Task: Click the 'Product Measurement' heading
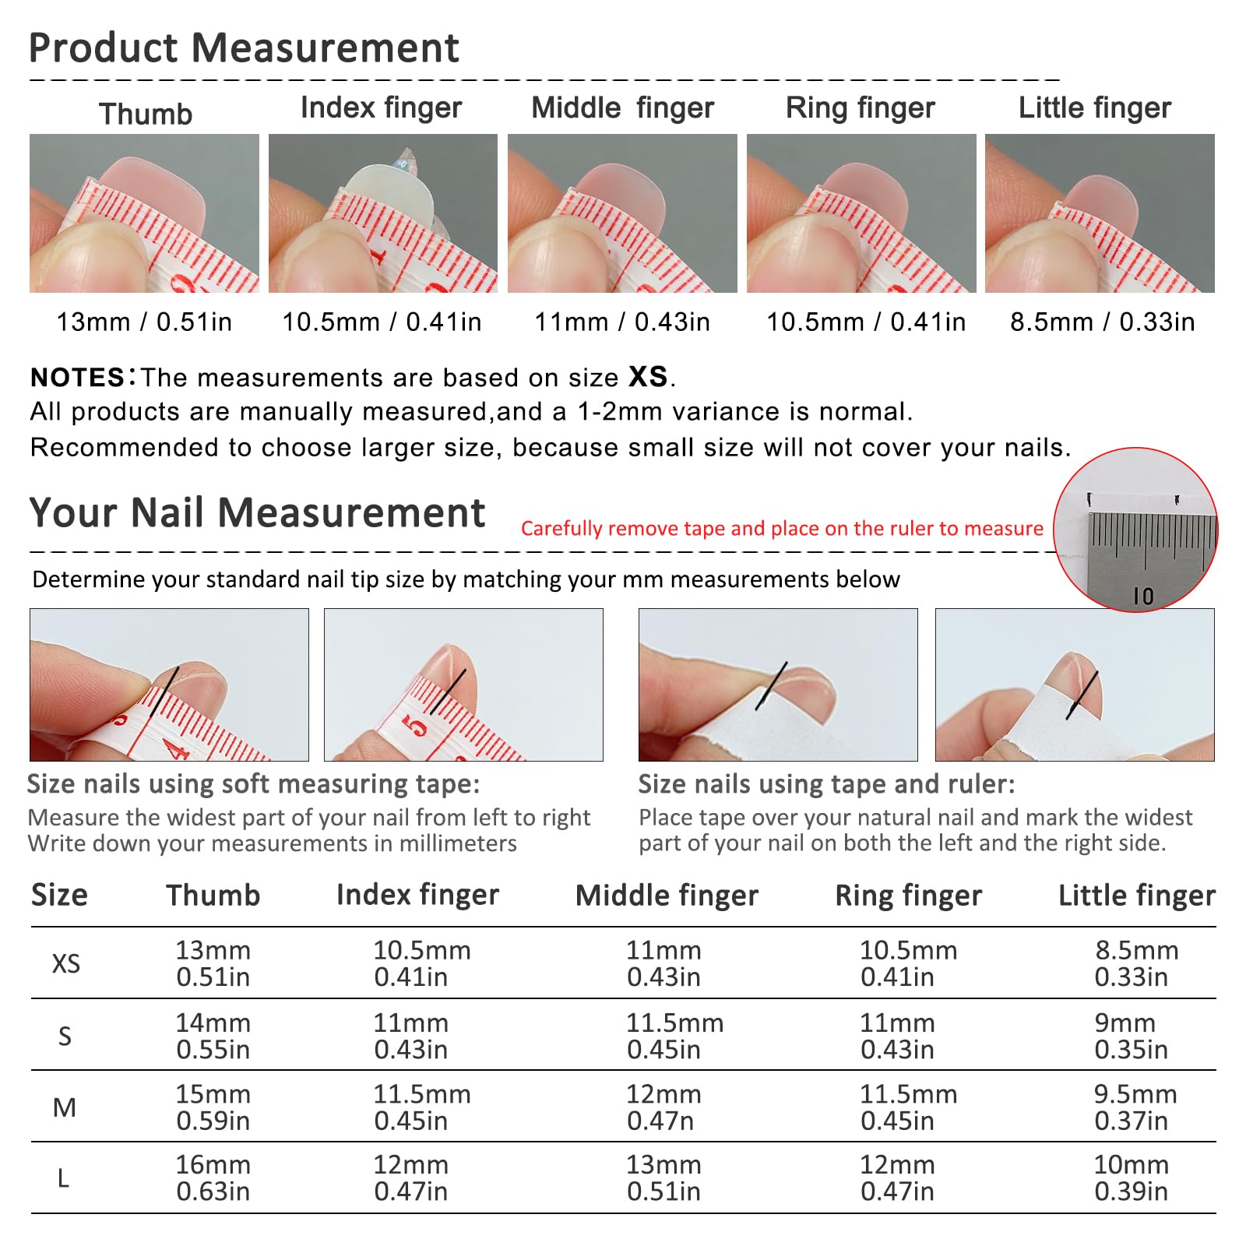click(x=244, y=48)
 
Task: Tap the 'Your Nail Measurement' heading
click(x=257, y=513)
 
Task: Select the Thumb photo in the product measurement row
click(x=144, y=213)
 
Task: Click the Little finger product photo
click(x=1100, y=213)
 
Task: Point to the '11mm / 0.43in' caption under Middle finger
click(x=622, y=322)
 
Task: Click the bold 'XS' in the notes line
click(x=648, y=377)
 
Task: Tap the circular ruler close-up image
click(x=1135, y=530)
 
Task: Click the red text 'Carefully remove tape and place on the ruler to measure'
click(x=782, y=529)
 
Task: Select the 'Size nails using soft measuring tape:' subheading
click(x=254, y=784)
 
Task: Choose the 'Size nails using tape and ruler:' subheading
click(x=827, y=784)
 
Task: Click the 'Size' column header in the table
click(x=59, y=896)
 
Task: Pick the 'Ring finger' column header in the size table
click(x=909, y=896)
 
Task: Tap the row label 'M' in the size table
click(x=65, y=1107)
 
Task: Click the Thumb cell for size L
click(x=213, y=1178)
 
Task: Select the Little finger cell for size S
click(x=1132, y=1037)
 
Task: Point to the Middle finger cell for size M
click(x=663, y=1107)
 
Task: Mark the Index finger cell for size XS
click(x=422, y=963)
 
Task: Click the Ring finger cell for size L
click(x=897, y=1178)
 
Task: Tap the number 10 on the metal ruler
click(x=1143, y=597)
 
